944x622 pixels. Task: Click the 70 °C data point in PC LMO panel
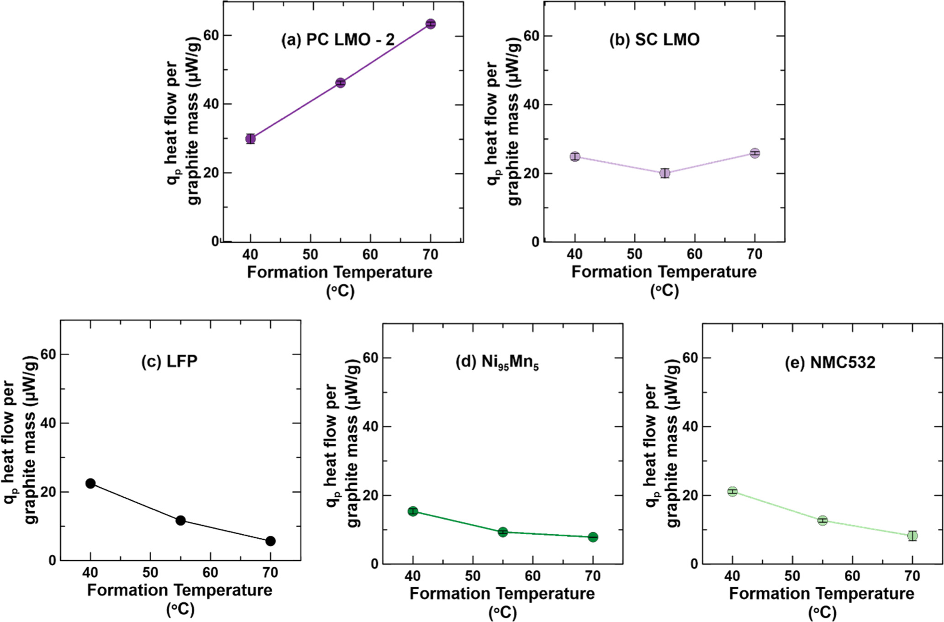point(430,24)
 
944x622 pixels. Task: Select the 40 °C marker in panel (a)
point(250,138)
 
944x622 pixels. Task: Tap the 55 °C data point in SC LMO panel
point(665,173)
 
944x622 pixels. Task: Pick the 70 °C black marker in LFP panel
point(270,541)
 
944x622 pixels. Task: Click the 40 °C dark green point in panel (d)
point(413,511)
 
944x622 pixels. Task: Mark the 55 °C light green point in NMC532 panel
point(823,521)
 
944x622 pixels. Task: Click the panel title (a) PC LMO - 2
point(338,40)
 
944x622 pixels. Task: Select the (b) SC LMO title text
point(654,40)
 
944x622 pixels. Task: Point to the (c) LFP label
point(169,361)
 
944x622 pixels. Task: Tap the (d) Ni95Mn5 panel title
point(497,363)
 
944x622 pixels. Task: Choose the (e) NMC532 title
point(830,362)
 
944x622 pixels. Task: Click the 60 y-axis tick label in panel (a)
point(211,35)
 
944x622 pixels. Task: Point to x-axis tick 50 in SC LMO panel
point(634,254)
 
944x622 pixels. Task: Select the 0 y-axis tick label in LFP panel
point(52,561)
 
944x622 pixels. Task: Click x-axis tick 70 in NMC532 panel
point(912,576)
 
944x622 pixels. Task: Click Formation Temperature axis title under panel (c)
point(179,590)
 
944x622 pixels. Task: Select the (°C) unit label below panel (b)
point(664,291)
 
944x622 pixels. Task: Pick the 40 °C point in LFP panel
point(90,484)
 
